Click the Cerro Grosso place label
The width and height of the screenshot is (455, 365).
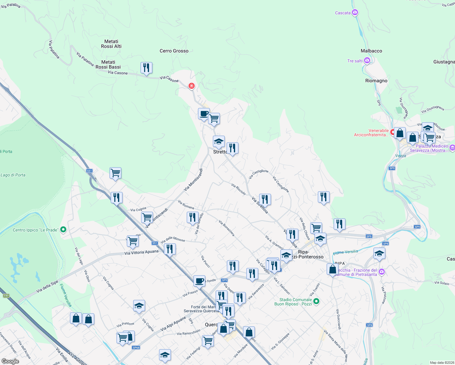tap(174, 51)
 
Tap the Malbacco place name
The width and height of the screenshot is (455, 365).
tap(371, 51)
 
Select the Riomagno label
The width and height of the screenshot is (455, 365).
tap(376, 81)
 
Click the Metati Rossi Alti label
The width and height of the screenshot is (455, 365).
tap(111, 44)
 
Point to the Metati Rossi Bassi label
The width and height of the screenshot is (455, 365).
tap(108, 64)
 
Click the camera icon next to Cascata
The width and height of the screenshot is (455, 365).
tap(355, 12)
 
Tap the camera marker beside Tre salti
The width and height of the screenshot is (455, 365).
tap(367, 61)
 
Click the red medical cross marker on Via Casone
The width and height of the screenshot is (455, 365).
tap(192, 86)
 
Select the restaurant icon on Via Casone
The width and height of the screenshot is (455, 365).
tap(146, 68)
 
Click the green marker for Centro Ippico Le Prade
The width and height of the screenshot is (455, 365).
tap(63, 230)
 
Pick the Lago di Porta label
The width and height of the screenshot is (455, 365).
tap(13, 175)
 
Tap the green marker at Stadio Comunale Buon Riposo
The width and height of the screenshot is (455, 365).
tap(316, 301)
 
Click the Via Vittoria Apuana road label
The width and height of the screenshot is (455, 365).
tap(141, 252)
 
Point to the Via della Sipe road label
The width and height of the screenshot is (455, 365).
tap(47, 287)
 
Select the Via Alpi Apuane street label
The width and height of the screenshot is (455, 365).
tap(173, 324)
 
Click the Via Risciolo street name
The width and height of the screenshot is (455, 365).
tap(238, 189)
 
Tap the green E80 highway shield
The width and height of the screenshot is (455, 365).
tap(6, 296)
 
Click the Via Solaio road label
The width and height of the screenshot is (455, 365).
tap(442, 283)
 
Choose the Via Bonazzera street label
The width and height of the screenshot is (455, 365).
tap(227, 228)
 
